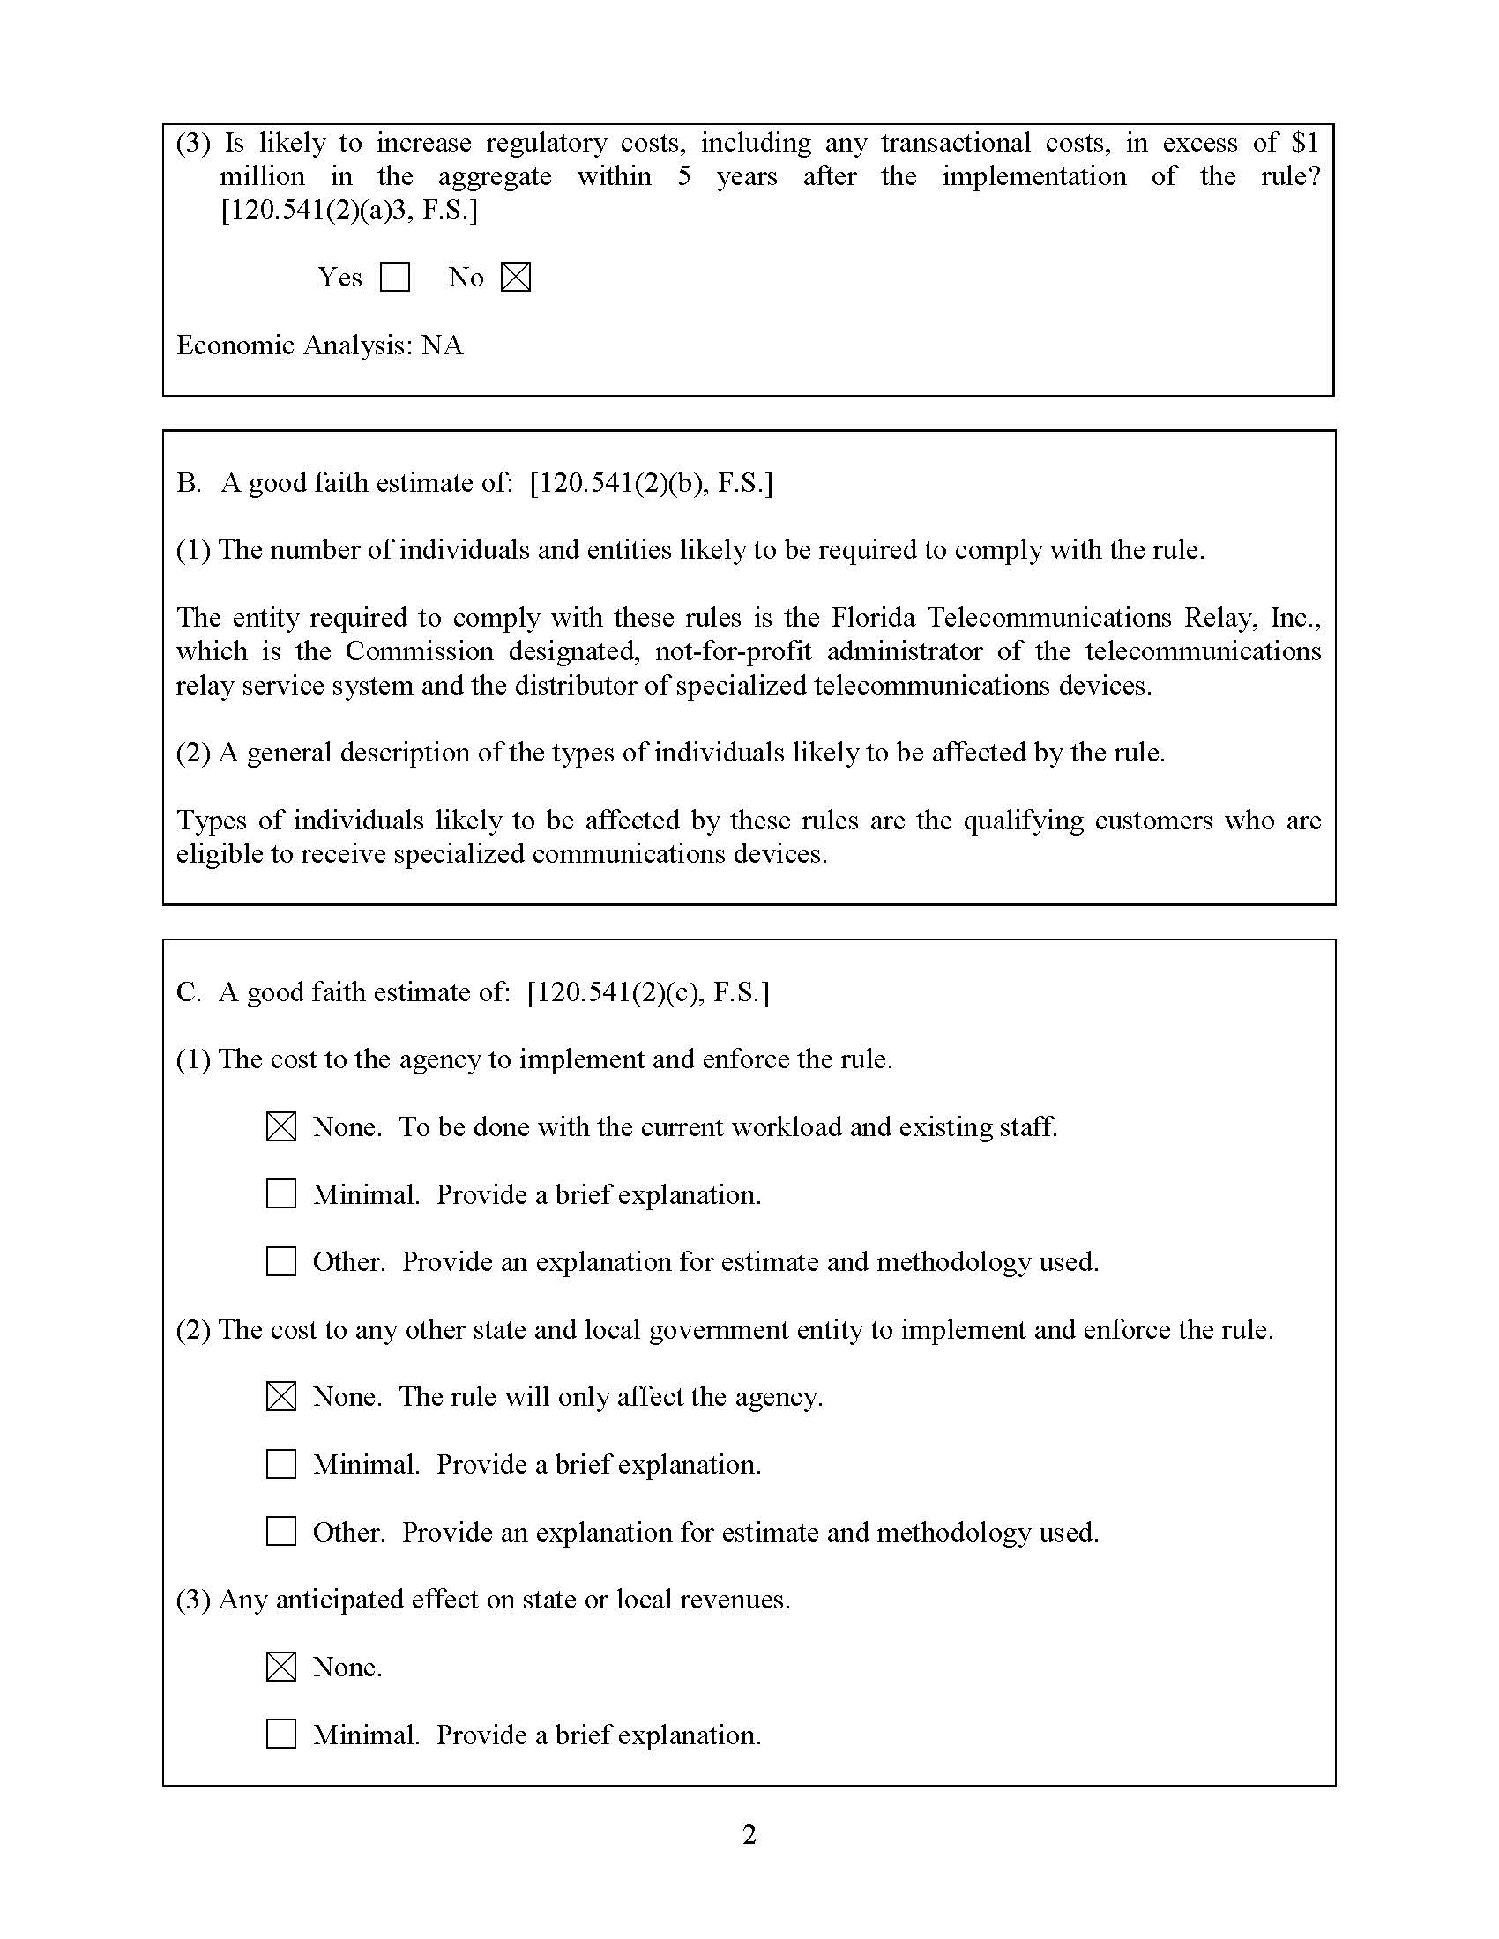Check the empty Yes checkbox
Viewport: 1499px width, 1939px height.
point(394,277)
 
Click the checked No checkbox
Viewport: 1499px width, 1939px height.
point(515,277)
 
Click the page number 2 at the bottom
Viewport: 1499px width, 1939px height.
point(749,1834)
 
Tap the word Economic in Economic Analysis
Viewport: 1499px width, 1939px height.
point(235,345)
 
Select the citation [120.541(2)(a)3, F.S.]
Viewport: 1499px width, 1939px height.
point(349,211)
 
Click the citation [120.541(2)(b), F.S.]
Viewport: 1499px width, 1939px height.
point(651,483)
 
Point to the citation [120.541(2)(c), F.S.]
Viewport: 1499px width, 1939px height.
point(648,992)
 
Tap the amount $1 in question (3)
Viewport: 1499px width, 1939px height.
point(1305,143)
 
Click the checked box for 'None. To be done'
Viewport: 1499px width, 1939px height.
point(281,1126)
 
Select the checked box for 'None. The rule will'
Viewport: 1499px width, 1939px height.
point(281,1397)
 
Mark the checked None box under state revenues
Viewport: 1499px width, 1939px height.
point(281,1667)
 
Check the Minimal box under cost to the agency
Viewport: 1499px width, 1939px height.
point(281,1194)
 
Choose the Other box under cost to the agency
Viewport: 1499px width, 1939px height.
point(281,1261)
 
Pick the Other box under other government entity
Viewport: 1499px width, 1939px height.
point(281,1532)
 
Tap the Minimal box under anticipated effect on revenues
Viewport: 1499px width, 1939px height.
point(281,1734)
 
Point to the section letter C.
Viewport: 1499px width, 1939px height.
point(186,992)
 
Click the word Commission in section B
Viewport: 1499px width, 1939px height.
point(419,650)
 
